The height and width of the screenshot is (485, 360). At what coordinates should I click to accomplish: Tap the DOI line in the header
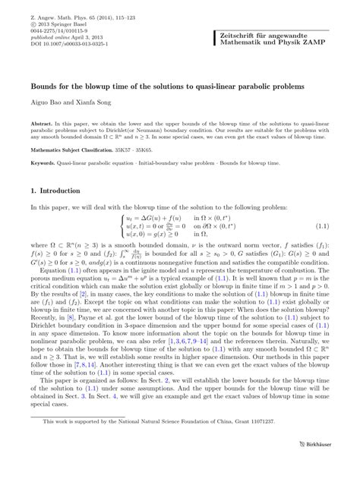pos(67,40)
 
